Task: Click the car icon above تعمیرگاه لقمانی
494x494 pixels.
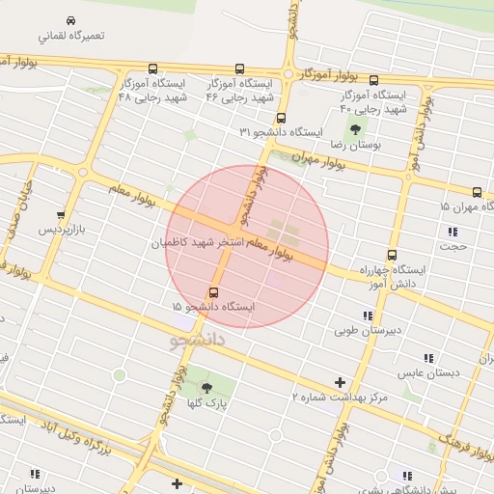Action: [72, 20]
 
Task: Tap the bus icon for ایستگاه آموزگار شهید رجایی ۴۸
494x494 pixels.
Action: [153, 69]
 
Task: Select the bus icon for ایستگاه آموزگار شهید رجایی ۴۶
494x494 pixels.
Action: [239, 69]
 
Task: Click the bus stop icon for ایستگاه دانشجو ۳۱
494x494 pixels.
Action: [281, 118]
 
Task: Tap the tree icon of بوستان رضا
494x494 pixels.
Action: [356, 128]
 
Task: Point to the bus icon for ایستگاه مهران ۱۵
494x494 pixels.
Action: [477, 192]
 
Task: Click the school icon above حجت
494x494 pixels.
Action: [453, 231]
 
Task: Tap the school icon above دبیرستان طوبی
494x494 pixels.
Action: [368, 316]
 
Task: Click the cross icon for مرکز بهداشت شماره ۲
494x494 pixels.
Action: [340, 382]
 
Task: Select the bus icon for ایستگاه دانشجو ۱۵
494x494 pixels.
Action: [213, 292]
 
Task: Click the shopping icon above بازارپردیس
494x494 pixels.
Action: [61, 215]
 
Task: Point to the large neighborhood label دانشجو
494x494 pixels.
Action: [198, 341]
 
